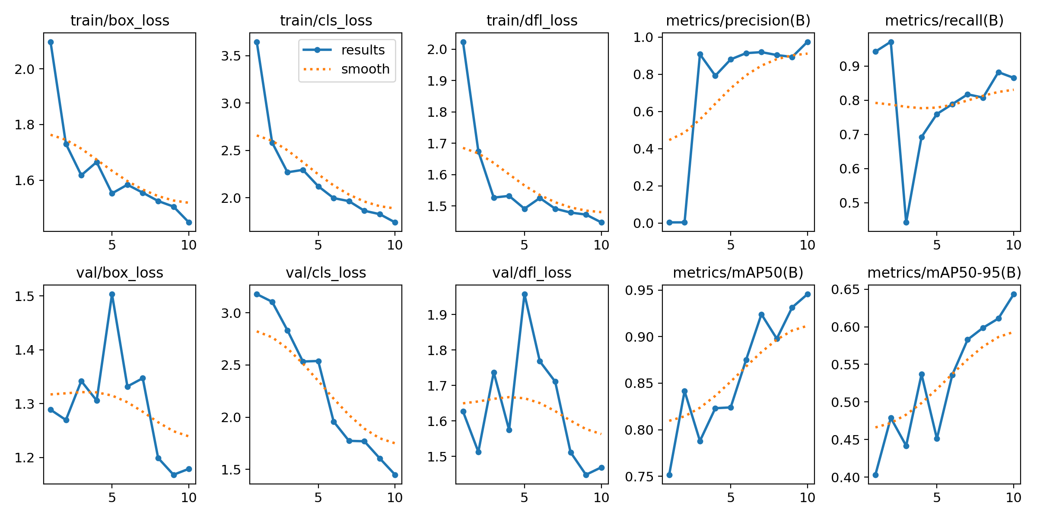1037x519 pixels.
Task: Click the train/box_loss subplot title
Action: point(120,20)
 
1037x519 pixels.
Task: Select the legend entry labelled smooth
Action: point(365,69)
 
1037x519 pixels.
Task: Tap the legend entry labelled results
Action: point(363,50)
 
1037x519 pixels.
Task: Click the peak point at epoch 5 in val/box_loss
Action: point(112,294)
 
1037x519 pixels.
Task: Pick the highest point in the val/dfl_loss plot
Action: point(525,294)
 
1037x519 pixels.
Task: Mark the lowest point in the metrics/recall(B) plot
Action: point(906,222)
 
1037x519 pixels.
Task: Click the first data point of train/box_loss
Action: point(51,42)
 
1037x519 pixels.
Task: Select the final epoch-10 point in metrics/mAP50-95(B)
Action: point(1014,294)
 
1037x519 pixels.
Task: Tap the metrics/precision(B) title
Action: point(738,20)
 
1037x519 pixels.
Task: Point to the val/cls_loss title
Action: point(326,272)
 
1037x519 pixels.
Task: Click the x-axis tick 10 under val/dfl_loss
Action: point(601,497)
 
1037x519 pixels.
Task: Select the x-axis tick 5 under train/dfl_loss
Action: point(524,245)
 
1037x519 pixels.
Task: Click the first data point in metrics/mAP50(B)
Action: point(669,475)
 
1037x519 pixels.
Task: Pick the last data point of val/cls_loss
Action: point(395,475)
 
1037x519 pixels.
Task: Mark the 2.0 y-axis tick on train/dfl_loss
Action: point(436,49)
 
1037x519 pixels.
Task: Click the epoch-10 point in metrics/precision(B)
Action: point(808,42)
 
